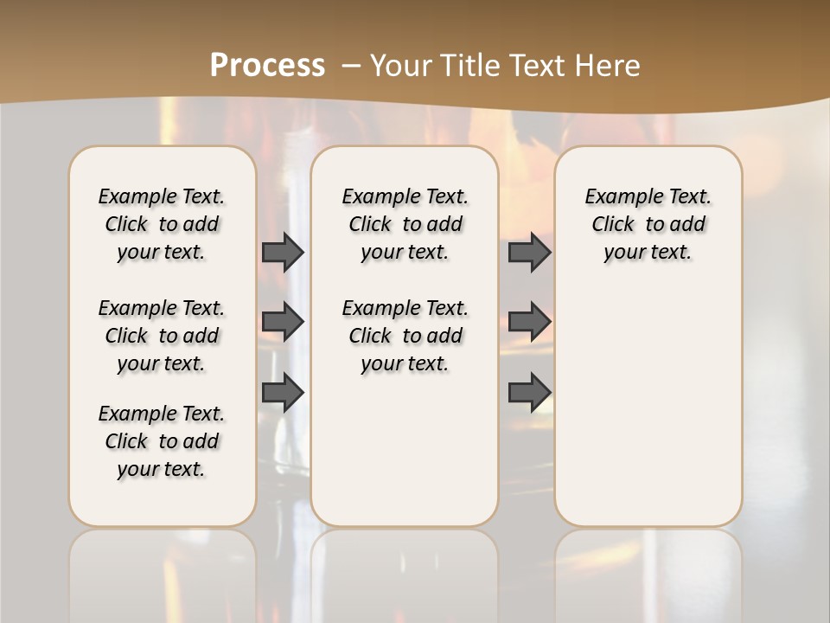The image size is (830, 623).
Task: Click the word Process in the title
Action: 267,66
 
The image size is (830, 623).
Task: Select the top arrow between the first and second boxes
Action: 283,252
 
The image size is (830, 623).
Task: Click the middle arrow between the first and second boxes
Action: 283,322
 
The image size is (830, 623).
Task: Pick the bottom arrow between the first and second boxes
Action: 283,392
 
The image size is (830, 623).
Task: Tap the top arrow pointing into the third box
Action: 529,252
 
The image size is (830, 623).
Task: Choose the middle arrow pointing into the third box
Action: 529,322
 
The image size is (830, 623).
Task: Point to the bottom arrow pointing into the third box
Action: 529,392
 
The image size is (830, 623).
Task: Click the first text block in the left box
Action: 162,224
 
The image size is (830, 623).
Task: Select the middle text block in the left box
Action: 162,336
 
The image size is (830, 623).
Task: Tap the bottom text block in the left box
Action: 162,441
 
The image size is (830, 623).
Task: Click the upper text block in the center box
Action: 405,224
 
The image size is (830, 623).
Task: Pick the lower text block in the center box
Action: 405,336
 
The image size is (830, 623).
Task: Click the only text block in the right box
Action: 648,224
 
